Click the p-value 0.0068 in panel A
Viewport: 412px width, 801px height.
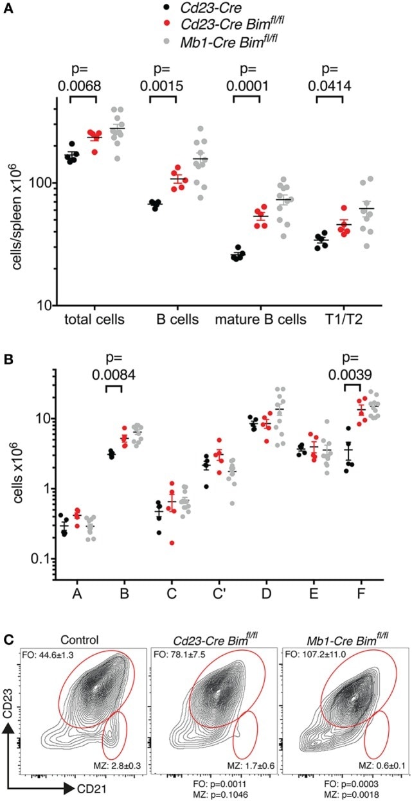[x=83, y=85]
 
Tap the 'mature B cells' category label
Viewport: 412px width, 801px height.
[x=247, y=319]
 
